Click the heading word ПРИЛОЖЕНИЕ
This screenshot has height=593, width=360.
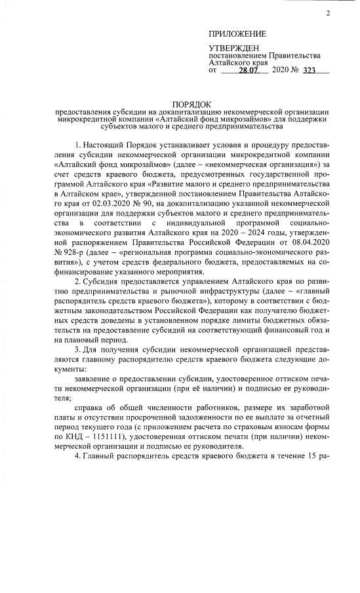click(x=237, y=33)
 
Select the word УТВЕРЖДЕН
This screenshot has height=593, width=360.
click(x=233, y=48)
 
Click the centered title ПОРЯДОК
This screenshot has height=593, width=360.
click(x=191, y=104)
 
